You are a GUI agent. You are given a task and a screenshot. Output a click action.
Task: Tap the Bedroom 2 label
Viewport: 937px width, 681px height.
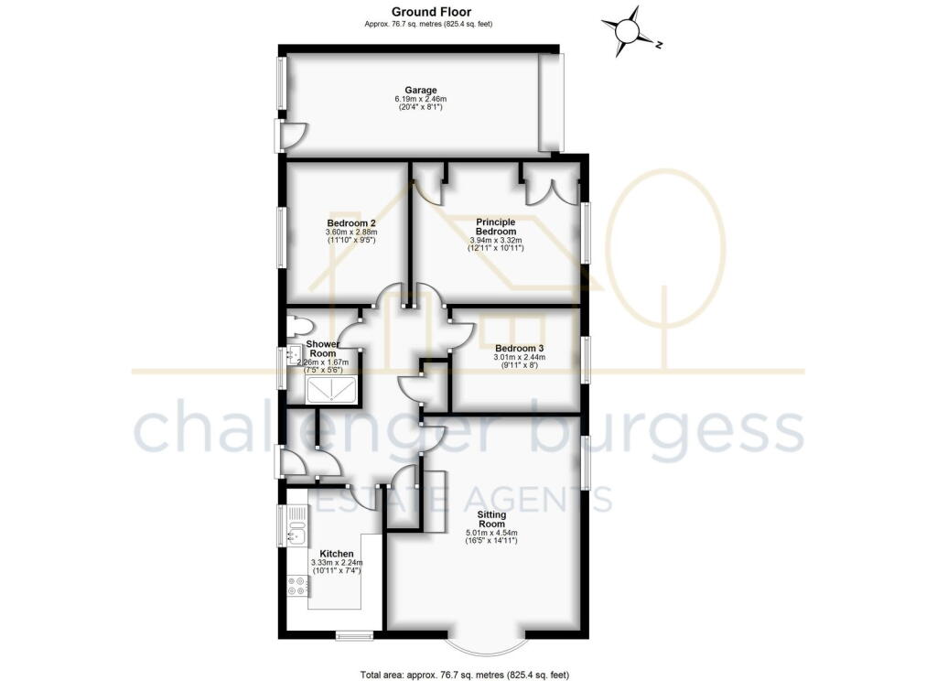point(350,223)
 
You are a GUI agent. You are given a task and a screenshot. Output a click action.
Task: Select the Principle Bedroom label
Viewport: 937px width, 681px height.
point(496,227)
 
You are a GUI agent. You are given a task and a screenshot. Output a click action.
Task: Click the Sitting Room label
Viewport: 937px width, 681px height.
point(491,519)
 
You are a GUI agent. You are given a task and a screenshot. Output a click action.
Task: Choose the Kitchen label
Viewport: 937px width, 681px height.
point(337,555)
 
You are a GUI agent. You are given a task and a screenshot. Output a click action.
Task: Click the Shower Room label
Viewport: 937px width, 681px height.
point(323,349)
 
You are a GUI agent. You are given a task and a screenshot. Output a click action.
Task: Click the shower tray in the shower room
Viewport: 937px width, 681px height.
point(331,390)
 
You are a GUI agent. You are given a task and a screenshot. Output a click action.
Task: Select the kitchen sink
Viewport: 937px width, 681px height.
point(297,525)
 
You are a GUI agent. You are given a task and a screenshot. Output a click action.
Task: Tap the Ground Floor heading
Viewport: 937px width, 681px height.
point(432,11)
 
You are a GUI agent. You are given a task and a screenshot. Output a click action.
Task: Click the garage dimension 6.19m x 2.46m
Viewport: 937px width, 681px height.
point(421,99)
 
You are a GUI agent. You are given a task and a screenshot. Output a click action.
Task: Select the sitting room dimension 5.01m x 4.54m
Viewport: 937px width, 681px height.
point(491,533)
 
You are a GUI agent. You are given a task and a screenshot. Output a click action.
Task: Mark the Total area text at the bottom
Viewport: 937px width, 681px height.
point(465,675)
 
